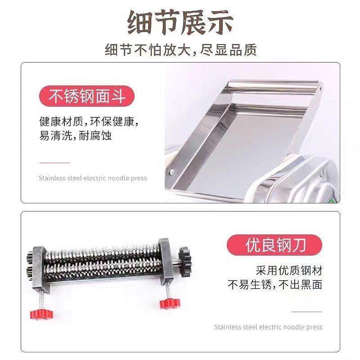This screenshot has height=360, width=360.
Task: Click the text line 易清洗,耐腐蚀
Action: click(x=75, y=136)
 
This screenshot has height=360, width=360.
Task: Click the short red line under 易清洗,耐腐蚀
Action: click(x=54, y=162)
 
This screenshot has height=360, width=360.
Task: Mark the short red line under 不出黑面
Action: click(x=306, y=311)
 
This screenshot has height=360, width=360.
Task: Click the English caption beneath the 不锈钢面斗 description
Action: click(x=93, y=178)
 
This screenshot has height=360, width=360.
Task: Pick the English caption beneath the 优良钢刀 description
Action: click(x=268, y=327)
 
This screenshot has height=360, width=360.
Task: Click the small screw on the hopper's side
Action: click(x=171, y=171)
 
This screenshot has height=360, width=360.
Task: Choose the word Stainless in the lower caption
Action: click(x=228, y=327)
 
